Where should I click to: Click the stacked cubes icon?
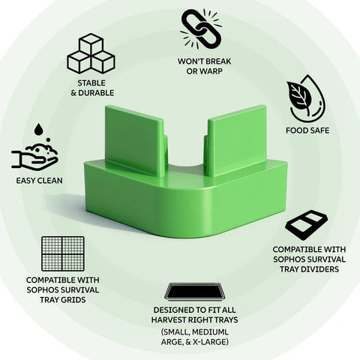coord(91,54)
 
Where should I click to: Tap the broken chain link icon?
coord(202,28)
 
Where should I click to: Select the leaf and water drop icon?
coord(306,98)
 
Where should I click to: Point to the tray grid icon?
coord(63,253)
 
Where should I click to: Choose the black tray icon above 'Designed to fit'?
coord(194,292)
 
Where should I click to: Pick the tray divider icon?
coord(307,225)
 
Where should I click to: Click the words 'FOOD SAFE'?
coord(307,130)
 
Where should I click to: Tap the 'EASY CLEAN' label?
coord(39,181)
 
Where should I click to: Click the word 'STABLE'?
coord(91,82)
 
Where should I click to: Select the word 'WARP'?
coord(211,71)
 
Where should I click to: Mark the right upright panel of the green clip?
coord(236,141)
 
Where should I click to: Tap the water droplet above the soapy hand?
coord(38,129)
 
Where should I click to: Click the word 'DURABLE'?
coord(96,93)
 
